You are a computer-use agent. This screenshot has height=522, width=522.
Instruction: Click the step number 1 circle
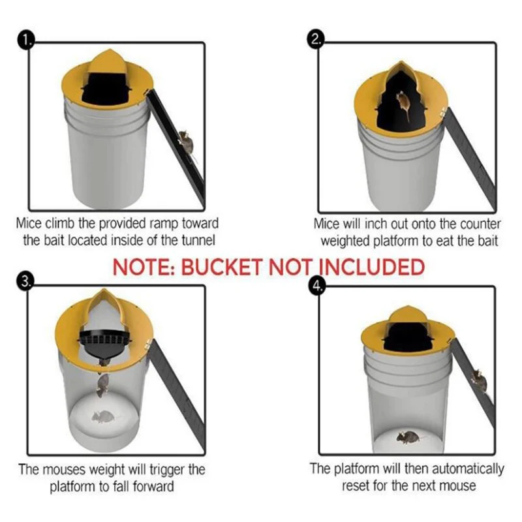click(24, 42)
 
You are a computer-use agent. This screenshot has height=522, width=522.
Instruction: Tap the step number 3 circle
click(24, 282)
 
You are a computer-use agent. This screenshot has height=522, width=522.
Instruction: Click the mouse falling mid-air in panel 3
click(102, 385)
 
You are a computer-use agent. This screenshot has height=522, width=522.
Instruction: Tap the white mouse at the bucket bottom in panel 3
click(102, 416)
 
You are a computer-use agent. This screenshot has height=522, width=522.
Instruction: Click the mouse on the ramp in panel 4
click(478, 380)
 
